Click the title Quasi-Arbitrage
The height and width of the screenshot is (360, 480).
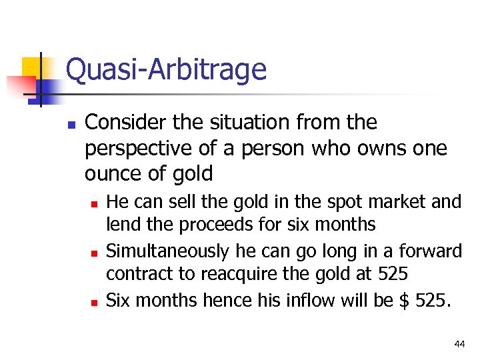(x=166, y=69)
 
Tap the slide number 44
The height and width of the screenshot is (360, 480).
(x=459, y=344)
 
